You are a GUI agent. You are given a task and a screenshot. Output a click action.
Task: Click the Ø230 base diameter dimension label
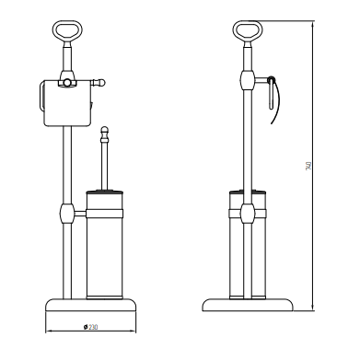point(90,327)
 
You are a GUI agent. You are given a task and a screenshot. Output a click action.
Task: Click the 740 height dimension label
point(308,166)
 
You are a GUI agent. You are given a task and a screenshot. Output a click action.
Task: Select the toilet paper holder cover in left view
point(67,103)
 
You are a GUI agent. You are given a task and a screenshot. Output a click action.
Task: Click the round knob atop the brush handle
point(105,130)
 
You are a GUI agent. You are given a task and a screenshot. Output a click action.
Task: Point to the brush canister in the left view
point(104,245)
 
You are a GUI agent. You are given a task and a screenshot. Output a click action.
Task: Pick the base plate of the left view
point(91,305)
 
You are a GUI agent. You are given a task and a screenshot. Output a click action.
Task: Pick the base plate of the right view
point(248,305)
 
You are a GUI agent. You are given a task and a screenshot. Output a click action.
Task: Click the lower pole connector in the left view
point(67,213)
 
